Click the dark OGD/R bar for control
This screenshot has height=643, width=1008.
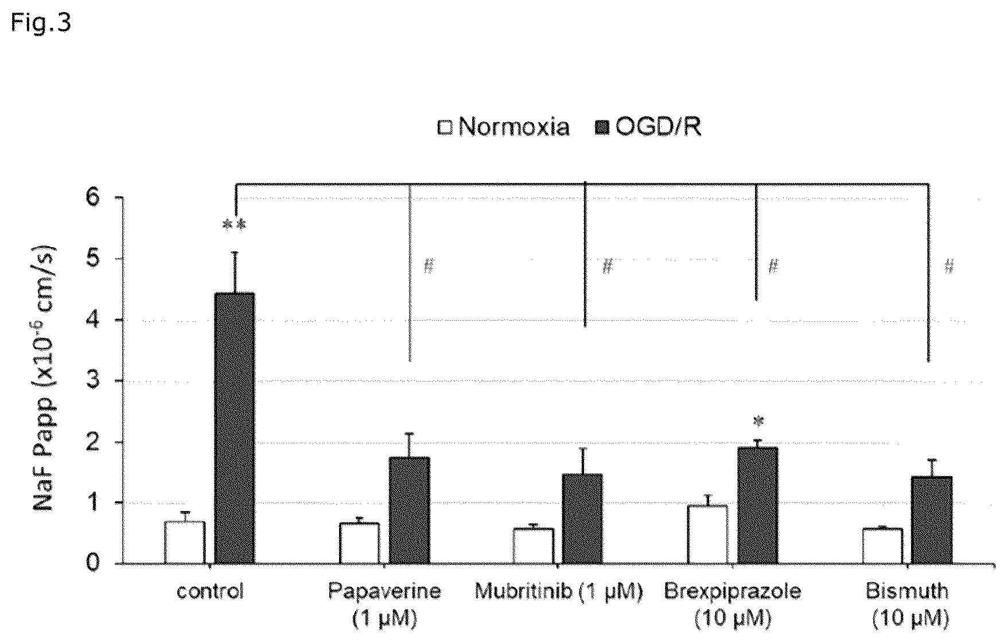235,428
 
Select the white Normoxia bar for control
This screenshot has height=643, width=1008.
185,543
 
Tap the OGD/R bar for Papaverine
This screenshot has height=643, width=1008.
409,510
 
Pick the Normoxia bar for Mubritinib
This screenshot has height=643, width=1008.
534,546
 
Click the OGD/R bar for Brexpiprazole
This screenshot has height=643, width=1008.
758,506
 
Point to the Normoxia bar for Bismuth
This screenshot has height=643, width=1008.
882,546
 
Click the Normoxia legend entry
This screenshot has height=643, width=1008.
504,127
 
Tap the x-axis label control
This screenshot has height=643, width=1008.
210,591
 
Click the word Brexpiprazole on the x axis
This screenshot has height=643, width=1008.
733,591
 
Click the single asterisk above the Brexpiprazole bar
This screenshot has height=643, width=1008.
758,422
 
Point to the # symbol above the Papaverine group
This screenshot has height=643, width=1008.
429,266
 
